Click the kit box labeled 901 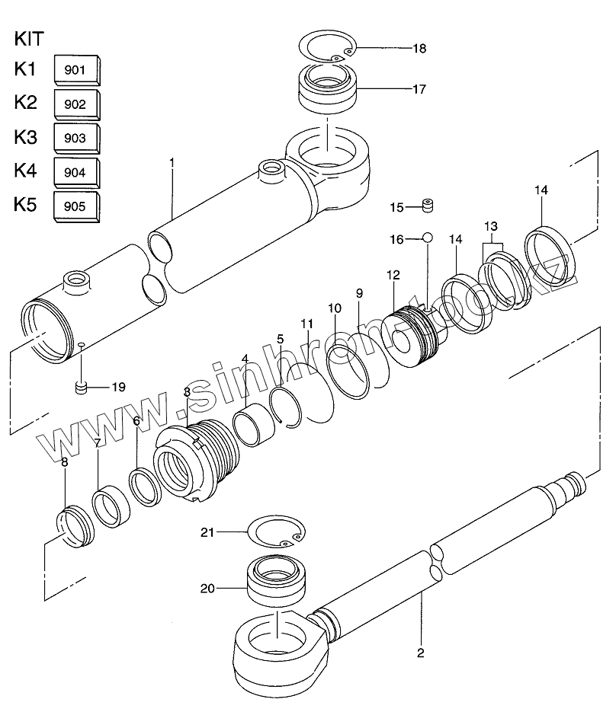[x=77, y=70]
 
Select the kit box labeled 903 [x=77, y=138]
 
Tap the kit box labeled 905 [x=77, y=206]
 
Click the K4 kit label [x=26, y=171]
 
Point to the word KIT [x=29, y=39]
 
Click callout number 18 [x=419, y=48]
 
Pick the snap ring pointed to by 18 [x=328, y=47]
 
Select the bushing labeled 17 [x=327, y=89]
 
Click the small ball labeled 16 [x=428, y=238]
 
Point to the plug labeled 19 [x=81, y=388]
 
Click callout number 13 [x=491, y=226]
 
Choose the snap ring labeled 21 [x=276, y=532]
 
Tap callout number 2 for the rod [x=421, y=653]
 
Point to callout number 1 [x=172, y=162]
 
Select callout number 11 [x=307, y=324]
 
